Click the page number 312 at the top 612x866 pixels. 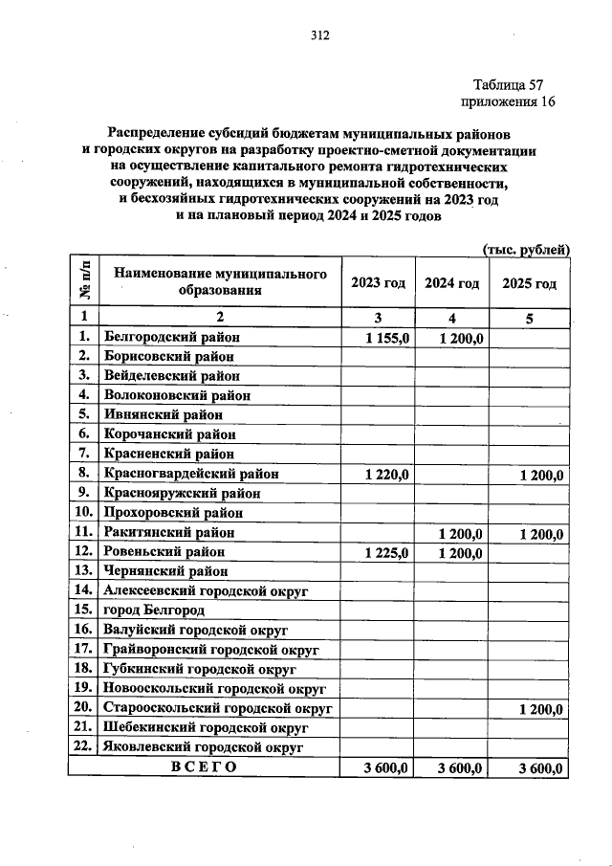[319, 36]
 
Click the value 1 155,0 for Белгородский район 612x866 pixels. [387, 338]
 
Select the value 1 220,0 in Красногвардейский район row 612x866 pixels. [387, 475]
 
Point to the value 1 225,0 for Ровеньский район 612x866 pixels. [387, 552]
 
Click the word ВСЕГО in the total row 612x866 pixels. [203, 767]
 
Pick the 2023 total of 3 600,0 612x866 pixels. [387, 767]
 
